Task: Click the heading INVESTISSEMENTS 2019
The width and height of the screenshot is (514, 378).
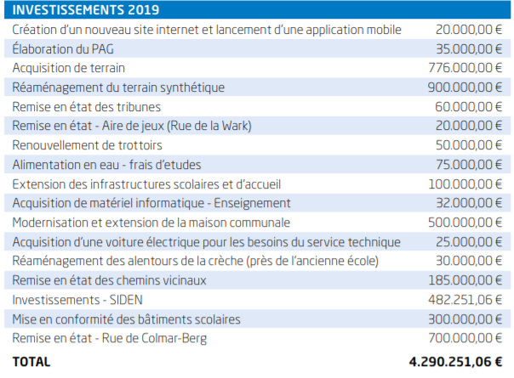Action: (86, 10)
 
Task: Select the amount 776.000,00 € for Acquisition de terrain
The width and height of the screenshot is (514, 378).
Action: (465, 68)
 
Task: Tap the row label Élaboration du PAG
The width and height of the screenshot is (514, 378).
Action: (63, 49)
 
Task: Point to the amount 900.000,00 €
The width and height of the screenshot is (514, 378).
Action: (465, 87)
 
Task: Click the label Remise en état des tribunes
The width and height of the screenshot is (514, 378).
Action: (87, 107)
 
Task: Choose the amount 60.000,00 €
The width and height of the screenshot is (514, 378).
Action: (468, 107)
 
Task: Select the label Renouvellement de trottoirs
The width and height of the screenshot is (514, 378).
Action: (87, 145)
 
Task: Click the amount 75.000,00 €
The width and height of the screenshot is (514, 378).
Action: (469, 164)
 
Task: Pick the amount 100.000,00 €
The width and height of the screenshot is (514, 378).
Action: (465, 184)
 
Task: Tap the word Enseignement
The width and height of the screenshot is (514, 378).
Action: (252, 203)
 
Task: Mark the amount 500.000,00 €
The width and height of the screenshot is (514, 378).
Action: (465, 223)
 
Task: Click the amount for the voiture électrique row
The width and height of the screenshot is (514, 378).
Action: (469, 242)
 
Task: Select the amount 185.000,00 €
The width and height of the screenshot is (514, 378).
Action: (465, 280)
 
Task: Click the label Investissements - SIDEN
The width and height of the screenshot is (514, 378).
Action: (77, 300)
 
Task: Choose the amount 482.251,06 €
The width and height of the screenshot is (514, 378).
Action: (465, 300)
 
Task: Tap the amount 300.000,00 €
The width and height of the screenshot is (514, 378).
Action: (465, 319)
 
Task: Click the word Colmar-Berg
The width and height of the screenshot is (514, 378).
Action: (174, 338)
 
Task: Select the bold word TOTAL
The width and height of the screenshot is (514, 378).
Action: (31, 362)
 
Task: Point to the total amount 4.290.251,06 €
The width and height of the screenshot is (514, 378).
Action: (455, 362)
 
